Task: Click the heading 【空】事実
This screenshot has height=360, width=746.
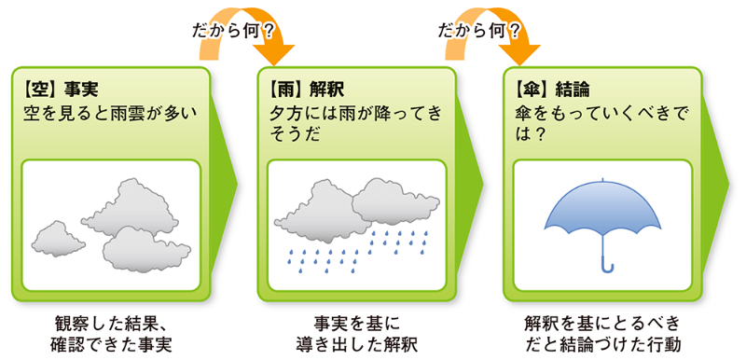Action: click(x=59, y=90)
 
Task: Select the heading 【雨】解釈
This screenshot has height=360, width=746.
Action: click(x=304, y=90)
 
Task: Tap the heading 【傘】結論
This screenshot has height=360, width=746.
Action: click(x=551, y=90)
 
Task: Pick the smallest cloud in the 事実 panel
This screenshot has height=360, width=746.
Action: click(x=58, y=237)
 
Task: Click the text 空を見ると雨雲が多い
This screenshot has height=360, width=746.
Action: click(x=111, y=114)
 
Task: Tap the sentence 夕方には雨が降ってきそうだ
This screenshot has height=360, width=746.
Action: click(x=354, y=124)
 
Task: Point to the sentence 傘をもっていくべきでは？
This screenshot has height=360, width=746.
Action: click(x=597, y=124)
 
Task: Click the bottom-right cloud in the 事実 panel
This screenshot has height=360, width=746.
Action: click(x=146, y=246)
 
